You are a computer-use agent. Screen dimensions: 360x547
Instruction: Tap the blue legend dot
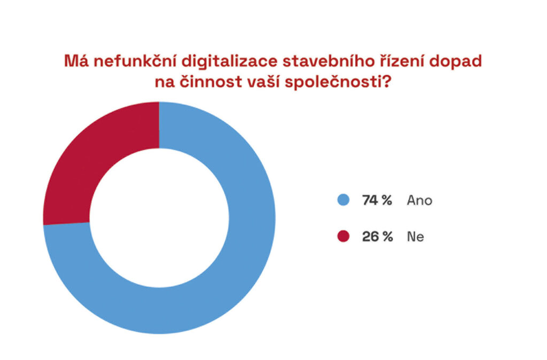tap(343, 200)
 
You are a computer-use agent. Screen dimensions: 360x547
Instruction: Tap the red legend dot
tap(343, 237)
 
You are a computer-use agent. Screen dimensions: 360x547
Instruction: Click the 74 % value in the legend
tap(377, 200)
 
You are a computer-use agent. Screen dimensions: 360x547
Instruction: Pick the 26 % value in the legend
tap(377, 237)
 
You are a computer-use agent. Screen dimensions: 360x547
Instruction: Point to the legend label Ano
tap(419, 200)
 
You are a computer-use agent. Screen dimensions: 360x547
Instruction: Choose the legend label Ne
tap(416, 237)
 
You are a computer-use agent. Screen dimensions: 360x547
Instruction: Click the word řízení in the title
tap(384, 61)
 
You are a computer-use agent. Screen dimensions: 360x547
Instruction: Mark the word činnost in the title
tap(209, 84)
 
